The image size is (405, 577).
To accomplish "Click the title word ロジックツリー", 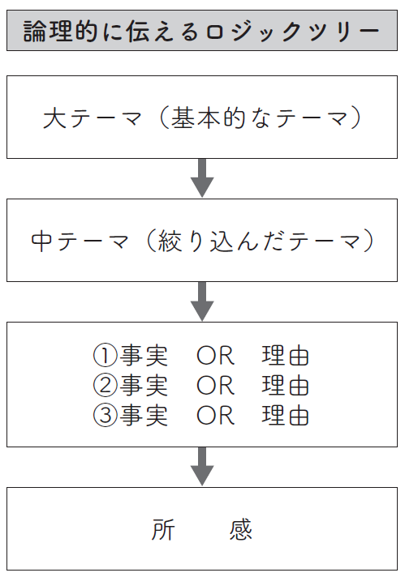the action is coord(292,32).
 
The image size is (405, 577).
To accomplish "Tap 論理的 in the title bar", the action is coord(60,32).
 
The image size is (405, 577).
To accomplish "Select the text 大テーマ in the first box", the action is coord(93,118).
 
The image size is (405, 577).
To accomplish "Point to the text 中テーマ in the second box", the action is coord(80,241).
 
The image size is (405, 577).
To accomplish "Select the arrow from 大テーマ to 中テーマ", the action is coord(202,178).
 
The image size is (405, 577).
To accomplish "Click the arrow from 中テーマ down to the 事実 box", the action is coord(202,301).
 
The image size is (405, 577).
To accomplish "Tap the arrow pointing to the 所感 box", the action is coord(202,466).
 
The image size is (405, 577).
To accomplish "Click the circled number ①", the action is coord(105,356).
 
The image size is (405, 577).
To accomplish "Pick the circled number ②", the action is coord(105,386).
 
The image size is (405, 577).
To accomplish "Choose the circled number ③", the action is coord(105,416).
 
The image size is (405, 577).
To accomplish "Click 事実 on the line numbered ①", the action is coord(144,356).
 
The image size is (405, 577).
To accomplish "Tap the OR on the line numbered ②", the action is coord(215,386).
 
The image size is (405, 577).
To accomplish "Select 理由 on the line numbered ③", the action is coord(285,416).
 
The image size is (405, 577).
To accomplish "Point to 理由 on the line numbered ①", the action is coord(285,356).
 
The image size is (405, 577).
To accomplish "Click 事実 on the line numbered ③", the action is coord(144,416).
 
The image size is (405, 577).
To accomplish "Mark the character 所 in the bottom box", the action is coord(163,529).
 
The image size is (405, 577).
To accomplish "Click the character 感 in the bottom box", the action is coord(240,529).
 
